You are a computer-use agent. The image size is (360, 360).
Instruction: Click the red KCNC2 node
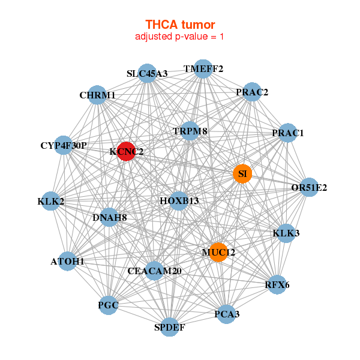coord(125,151)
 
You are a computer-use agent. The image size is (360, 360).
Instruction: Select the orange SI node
coord(242,174)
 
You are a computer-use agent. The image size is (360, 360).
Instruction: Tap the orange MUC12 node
coord(218,253)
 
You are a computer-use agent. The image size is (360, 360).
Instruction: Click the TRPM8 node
coord(190,131)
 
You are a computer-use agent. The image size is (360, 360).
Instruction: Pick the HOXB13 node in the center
coord(179,200)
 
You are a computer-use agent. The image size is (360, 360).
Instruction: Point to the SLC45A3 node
coord(148,73)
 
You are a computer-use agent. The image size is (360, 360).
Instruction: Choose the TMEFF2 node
coord(203,69)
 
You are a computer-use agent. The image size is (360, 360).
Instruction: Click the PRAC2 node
coord(252,92)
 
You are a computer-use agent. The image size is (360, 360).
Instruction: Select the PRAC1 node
coord(288,133)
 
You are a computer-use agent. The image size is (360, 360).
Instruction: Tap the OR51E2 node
coord(309,187)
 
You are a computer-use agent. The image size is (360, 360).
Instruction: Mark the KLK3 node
coord(286,233)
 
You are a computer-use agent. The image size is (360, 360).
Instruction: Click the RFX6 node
coord(277,284)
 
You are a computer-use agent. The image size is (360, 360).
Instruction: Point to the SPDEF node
coord(170,327)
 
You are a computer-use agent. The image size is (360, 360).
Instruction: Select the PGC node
coord(109,306)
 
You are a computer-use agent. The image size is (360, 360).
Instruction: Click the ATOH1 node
coord(68,262)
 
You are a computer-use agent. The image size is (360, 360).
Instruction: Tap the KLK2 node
coord(51,202)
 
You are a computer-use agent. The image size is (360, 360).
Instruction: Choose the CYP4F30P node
coord(64,145)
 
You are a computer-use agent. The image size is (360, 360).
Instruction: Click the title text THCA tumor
coord(180,25)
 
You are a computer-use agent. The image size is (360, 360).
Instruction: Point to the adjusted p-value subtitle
coord(180,37)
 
